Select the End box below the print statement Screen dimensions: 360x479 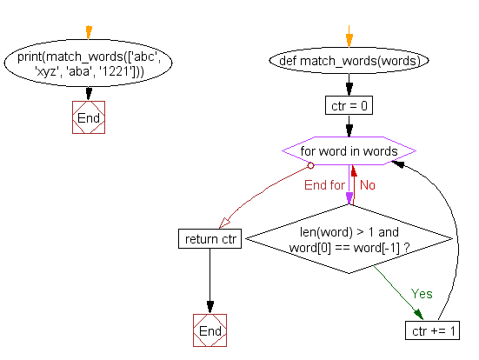click(x=89, y=117)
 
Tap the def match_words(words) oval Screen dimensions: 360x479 click(x=349, y=61)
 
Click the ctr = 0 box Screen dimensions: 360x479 click(x=349, y=106)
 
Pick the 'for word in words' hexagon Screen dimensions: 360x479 click(x=349, y=150)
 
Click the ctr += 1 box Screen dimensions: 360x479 click(x=432, y=330)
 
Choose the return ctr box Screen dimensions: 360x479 click(x=210, y=237)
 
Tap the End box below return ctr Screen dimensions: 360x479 click(x=210, y=331)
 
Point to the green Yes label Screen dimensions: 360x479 click(x=421, y=294)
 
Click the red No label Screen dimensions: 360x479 click(x=368, y=184)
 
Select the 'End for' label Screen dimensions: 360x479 click(x=324, y=184)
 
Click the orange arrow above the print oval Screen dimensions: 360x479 click(x=89, y=32)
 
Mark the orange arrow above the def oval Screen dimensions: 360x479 click(x=349, y=39)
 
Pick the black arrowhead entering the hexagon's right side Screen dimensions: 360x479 click(x=420, y=154)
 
